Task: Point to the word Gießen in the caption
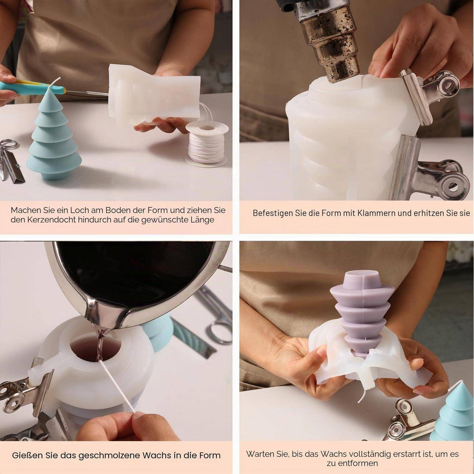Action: coord(28,455)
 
